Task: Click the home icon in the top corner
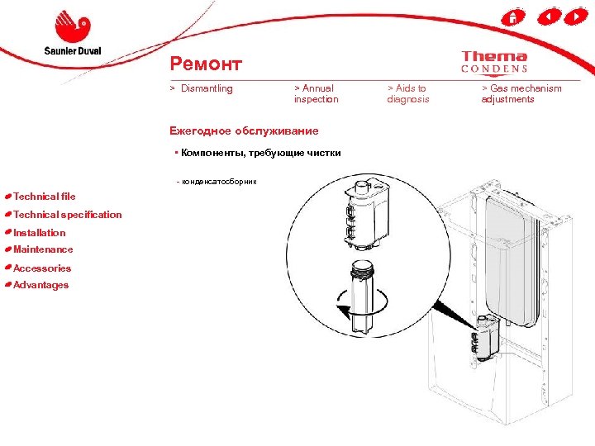[x=513, y=17]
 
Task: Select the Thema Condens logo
[x=494, y=62]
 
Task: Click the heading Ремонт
[x=205, y=64]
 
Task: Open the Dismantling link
[x=207, y=88]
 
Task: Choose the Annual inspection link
[x=316, y=94]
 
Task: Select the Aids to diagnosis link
[x=408, y=94]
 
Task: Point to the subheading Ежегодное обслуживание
[x=243, y=130]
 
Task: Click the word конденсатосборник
[x=220, y=181]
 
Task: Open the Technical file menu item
[x=44, y=197]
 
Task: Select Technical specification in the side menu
[x=67, y=215]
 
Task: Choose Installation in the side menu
[x=39, y=233]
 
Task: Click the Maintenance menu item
[x=43, y=249]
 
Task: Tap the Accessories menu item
[x=42, y=268]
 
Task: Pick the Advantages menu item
[x=40, y=285]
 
